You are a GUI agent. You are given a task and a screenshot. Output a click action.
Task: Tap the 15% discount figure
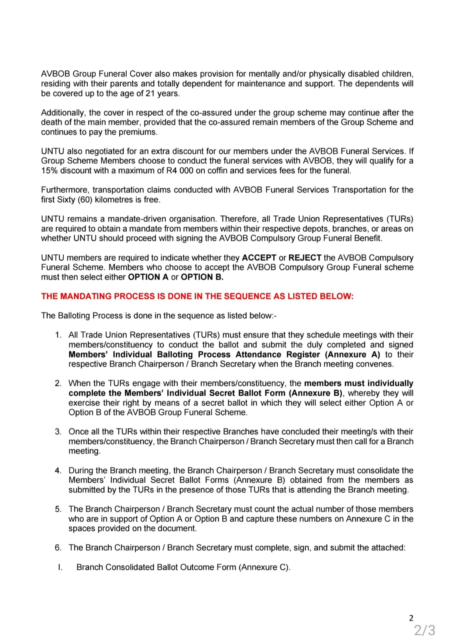49,171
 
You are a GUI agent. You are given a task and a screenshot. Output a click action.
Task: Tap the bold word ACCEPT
259,258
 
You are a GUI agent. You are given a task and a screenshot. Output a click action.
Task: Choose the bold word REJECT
305,258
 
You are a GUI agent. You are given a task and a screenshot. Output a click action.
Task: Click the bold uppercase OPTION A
148,277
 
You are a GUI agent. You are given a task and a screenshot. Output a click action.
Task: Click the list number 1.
58,335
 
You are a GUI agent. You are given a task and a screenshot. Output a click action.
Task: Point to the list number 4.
58,471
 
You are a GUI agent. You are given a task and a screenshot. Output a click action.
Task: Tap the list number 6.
58,548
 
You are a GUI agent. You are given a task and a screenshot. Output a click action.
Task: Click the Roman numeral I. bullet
60,567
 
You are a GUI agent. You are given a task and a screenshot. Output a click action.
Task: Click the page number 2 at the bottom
411,618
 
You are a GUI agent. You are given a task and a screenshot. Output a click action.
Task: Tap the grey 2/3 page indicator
425,630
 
